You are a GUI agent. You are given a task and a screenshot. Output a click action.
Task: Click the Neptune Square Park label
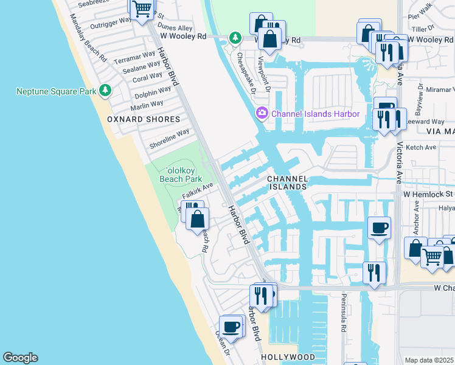(x=56, y=91)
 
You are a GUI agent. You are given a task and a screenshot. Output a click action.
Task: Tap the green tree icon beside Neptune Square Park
(x=106, y=91)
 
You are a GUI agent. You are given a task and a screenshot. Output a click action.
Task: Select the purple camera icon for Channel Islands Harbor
(x=262, y=113)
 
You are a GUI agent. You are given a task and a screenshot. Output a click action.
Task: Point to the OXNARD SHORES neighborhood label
(x=144, y=119)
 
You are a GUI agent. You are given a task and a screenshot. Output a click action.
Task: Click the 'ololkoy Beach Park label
(x=180, y=175)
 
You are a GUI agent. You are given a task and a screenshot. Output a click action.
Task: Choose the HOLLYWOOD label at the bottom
(x=288, y=357)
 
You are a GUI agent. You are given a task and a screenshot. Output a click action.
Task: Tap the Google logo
(x=20, y=358)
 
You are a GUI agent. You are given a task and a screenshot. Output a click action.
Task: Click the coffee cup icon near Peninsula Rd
(x=380, y=228)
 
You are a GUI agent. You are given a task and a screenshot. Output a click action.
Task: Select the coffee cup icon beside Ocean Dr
(x=231, y=327)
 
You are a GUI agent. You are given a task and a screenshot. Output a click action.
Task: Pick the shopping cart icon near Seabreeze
(x=142, y=9)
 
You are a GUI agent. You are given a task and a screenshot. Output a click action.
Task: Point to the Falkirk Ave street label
(x=198, y=191)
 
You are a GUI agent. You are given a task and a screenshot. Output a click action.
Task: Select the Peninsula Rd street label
(x=344, y=319)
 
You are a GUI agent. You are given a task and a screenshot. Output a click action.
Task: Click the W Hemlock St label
(x=429, y=194)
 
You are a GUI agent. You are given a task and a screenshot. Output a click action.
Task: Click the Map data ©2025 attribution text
(x=429, y=360)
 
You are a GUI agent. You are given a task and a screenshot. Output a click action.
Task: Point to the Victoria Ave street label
(x=399, y=164)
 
